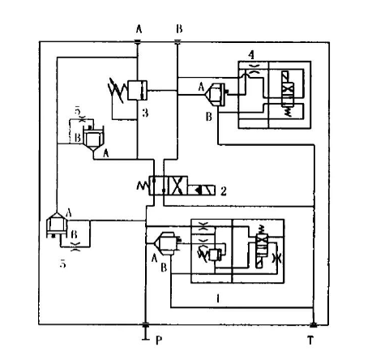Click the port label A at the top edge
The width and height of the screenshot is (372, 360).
139,29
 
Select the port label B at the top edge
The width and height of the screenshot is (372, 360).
179,28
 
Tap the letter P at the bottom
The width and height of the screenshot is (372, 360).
159,341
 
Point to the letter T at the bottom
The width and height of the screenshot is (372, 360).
310,341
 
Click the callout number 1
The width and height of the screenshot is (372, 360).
218,298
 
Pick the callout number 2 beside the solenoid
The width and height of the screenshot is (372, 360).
224,191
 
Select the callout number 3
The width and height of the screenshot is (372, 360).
145,113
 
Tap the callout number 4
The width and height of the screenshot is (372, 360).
251,55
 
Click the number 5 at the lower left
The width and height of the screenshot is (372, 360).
62,264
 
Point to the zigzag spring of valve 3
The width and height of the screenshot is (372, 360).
117,91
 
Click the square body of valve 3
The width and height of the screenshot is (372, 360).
137,90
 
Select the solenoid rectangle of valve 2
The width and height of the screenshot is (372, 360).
202,190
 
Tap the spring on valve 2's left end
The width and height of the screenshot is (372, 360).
143,186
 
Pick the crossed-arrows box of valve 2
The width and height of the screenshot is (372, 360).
177,186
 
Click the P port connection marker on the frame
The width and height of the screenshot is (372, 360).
145,324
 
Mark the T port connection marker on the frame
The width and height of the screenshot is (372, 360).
314,325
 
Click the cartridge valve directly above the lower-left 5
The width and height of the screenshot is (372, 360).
57,225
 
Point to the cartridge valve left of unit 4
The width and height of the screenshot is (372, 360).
216,94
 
